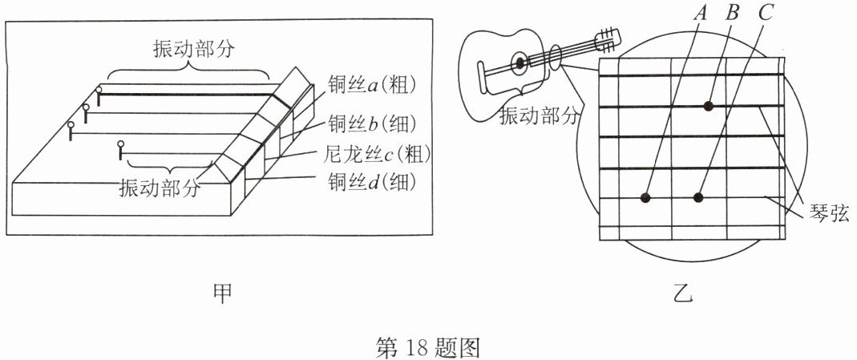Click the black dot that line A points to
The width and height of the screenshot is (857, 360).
(646, 197)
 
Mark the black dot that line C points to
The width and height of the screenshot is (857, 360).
(698, 197)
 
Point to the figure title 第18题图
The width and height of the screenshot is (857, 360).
(427, 347)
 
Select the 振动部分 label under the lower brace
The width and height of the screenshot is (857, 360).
(159, 189)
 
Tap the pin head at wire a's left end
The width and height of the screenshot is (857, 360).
(99, 91)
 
